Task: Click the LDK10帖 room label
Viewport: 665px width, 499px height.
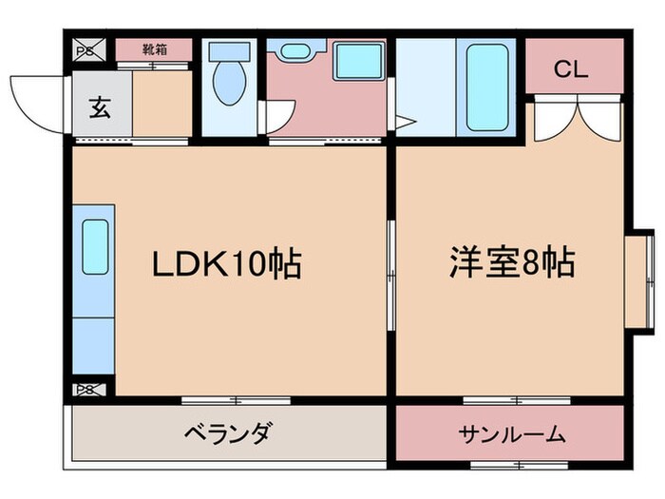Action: tap(227, 263)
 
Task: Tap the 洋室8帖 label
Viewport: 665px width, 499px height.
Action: tap(511, 263)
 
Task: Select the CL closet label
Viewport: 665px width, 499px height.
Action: tap(571, 68)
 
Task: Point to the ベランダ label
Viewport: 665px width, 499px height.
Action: tap(227, 434)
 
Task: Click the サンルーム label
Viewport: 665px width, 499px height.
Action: tap(512, 435)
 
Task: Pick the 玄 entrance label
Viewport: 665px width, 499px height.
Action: tap(100, 106)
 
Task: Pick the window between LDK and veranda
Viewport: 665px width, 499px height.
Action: tap(236, 399)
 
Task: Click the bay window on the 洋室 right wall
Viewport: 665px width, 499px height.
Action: tap(642, 276)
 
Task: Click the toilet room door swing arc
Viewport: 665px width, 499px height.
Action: tap(275, 115)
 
